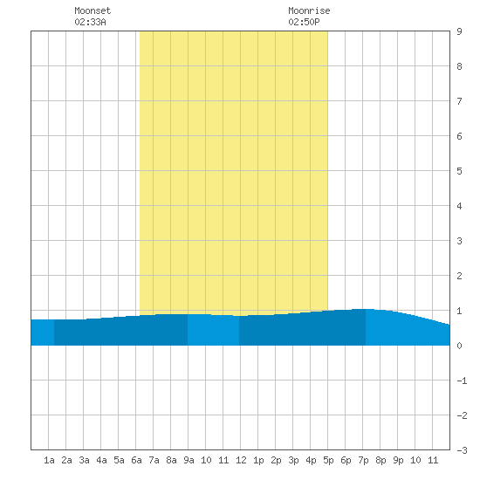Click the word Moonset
pyautogui.click(x=93, y=10)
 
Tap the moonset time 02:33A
pyautogui.click(x=90, y=22)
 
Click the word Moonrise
pyautogui.click(x=309, y=10)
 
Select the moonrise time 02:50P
pyautogui.click(x=304, y=22)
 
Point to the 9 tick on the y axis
pyautogui.click(x=459, y=31)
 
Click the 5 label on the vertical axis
pyautogui.click(x=459, y=171)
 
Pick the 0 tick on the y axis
pyautogui.click(x=459, y=346)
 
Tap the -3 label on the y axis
pyautogui.click(x=462, y=450)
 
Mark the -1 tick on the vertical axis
pyautogui.click(x=462, y=381)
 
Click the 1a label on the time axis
pyautogui.click(x=49, y=460)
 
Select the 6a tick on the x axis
pyautogui.click(x=136, y=460)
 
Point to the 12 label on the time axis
pyautogui.click(x=241, y=460)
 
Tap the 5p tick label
pyautogui.click(x=328, y=460)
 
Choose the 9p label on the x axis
pyautogui.click(x=398, y=460)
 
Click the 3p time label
pyautogui.click(x=293, y=460)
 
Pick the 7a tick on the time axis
pyautogui.click(x=154, y=460)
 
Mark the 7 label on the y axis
pyautogui.click(x=459, y=101)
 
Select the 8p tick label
pyautogui.click(x=381, y=460)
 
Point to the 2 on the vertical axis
pyautogui.click(x=459, y=276)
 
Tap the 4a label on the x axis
pyautogui.click(x=101, y=460)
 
